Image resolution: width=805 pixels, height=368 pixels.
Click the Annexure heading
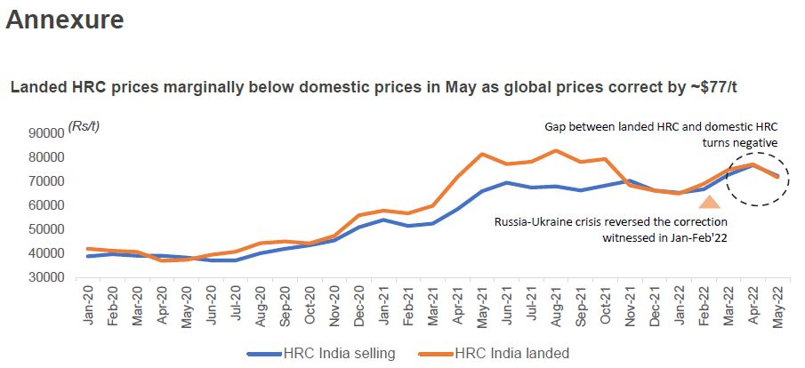coord(65,20)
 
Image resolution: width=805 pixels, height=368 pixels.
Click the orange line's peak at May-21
coord(481,154)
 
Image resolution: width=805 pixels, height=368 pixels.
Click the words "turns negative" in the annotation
coord(739,142)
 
